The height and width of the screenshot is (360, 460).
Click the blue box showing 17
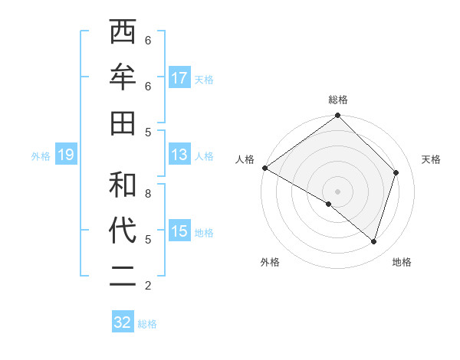point(179,78)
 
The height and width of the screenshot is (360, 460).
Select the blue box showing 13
point(179,155)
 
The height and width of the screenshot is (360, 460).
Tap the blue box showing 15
point(179,231)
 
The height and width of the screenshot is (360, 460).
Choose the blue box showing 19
point(66,155)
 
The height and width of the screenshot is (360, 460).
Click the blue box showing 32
point(123,322)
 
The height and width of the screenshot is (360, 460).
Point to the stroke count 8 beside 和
point(148,193)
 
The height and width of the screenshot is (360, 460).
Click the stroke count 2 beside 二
point(148,286)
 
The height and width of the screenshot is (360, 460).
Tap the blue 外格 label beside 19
point(41,156)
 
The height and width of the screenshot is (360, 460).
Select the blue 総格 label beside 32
point(147,324)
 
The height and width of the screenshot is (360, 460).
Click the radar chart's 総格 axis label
point(338,100)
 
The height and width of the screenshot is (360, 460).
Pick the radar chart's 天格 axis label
point(431,159)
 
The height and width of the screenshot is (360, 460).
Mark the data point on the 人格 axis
point(264,168)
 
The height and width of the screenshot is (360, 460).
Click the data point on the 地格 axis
point(373,241)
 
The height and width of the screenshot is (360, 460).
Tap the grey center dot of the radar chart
point(338,191)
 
